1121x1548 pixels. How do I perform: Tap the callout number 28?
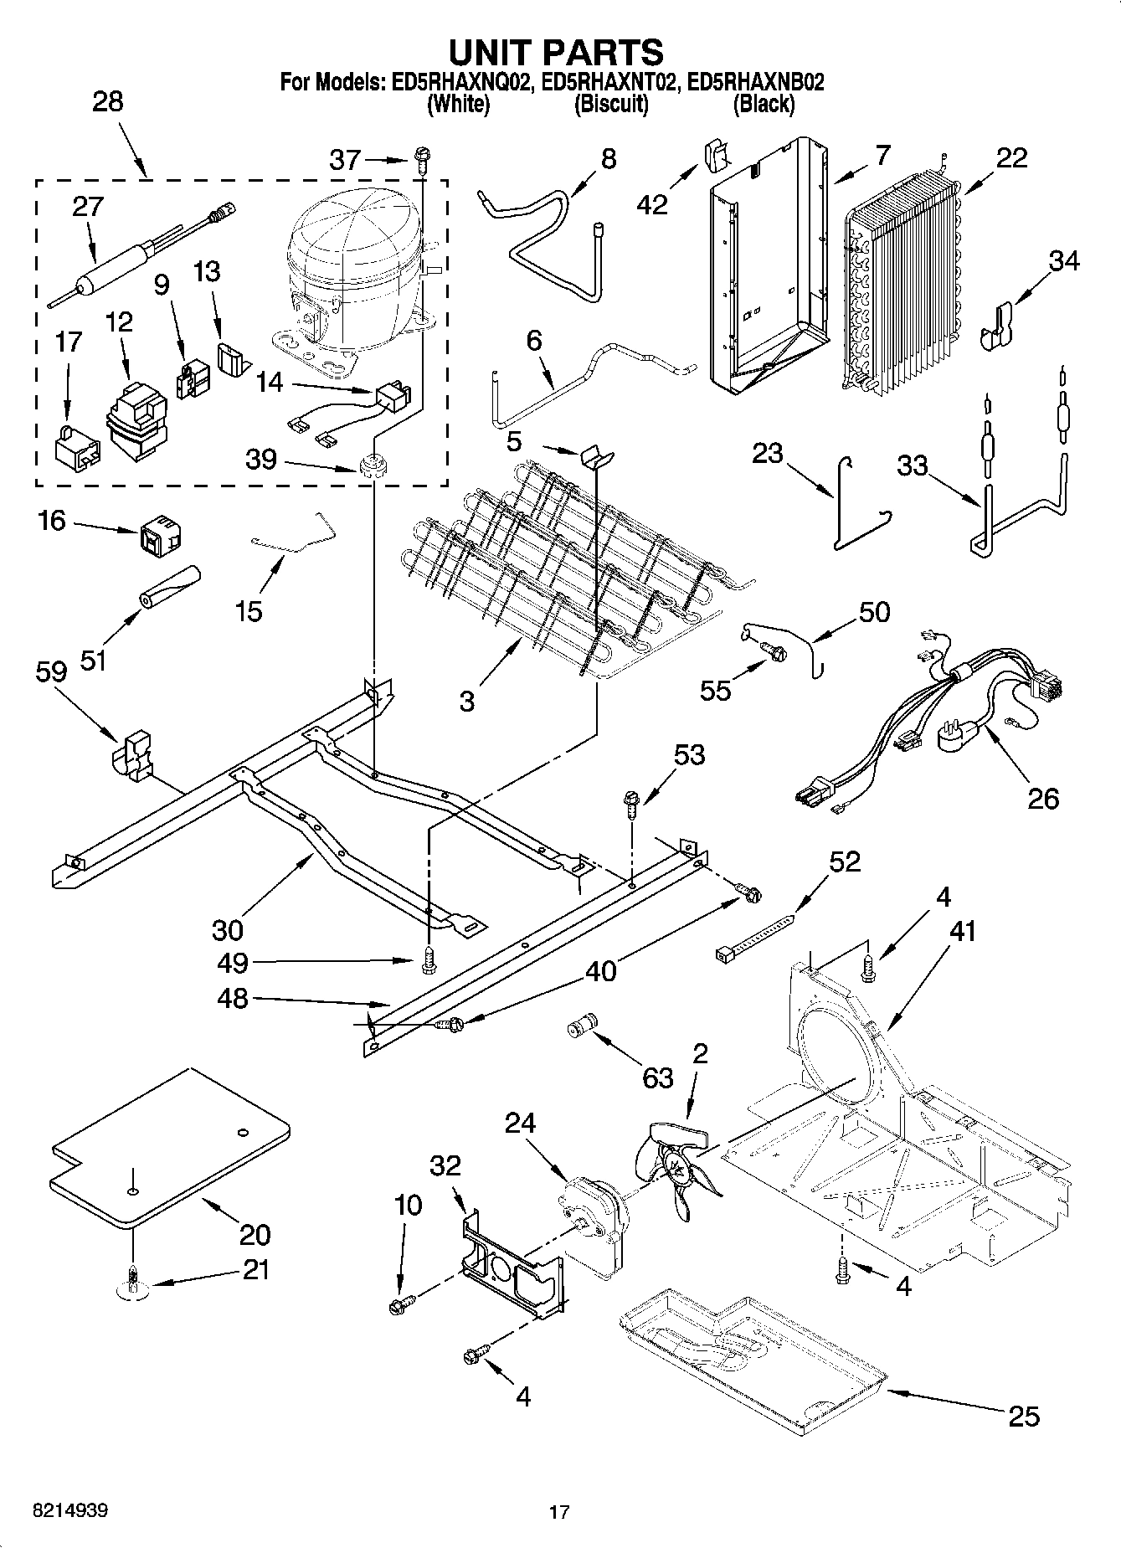(x=107, y=101)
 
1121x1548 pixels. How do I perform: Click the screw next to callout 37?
(x=421, y=157)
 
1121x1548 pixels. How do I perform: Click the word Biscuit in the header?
(x=610, y=105)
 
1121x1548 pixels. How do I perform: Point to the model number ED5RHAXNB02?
(x=754, y=82)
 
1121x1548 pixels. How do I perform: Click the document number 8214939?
(x=69, y=1510)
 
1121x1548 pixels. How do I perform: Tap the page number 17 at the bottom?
(x=559, y=1512)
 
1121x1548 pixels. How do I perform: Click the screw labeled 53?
(x=631, y=805)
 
